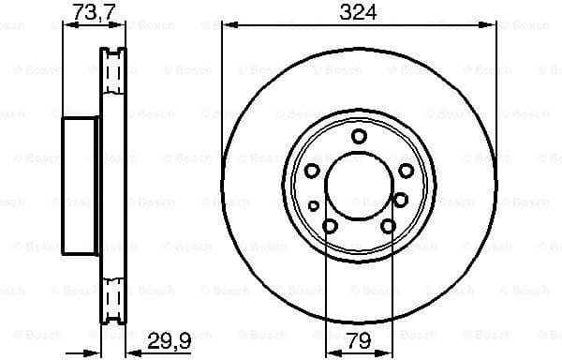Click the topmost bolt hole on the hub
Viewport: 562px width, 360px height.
359,137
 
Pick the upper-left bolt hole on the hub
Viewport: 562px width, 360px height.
312,171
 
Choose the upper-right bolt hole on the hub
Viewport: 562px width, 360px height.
406,171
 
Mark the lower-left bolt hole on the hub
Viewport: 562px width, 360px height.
330,225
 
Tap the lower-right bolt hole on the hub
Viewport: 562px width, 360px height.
388,225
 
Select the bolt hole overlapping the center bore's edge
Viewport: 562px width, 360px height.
400,199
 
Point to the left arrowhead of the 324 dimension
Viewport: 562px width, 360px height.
228,26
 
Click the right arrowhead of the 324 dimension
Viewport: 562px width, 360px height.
490,26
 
